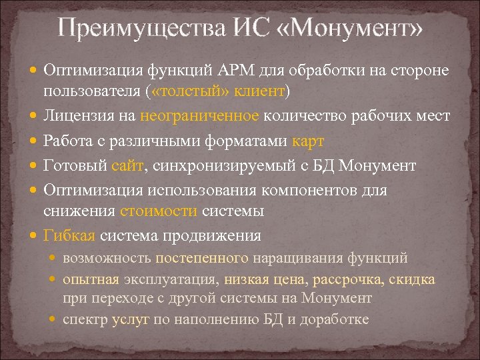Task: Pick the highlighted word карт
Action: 307,141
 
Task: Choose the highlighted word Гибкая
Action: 70,236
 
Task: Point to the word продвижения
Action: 221,236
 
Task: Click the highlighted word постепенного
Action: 203,258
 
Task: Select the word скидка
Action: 413,279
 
